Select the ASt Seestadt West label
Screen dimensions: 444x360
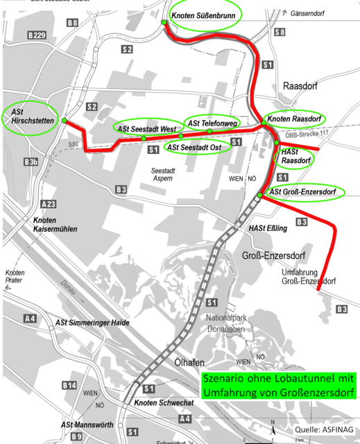click(146, 129)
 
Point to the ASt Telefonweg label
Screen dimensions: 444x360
click(210, 123)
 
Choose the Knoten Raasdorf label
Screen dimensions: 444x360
click(293, 119)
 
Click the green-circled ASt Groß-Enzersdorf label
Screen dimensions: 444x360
click(306, 192)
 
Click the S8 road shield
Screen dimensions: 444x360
click(280, 33)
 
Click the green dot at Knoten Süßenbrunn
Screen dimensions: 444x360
click(164, 22)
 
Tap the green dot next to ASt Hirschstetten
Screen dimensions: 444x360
click(64, 121)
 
